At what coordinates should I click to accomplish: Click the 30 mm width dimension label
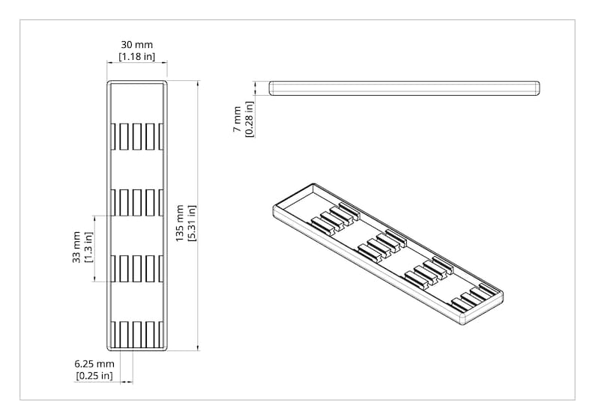coord(136,45)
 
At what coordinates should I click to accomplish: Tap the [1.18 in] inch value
coord(137,57)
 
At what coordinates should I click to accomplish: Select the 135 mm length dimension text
coord(180,223)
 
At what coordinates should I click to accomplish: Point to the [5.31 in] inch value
coord(192,223)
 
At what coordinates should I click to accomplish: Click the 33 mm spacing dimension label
coord(76,247)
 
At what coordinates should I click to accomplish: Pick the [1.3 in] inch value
coord(88,247)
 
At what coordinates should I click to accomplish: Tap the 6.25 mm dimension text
coord(94,364)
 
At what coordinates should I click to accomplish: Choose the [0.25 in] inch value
coord(94,376)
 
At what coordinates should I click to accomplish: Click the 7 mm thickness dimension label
coord(237,119)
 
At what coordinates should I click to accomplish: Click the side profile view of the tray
coord(405,88)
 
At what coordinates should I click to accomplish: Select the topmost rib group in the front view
coord(136,136)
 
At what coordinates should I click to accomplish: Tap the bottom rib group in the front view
coord(136,335)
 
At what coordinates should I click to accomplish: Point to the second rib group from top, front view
coord(136,202)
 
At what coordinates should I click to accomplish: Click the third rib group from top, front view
coord(136,268)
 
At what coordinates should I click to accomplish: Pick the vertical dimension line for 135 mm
coord(198,216)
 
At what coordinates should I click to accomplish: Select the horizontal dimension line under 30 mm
coord(136,64)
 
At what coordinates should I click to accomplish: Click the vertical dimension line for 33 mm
coord(94,249)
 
